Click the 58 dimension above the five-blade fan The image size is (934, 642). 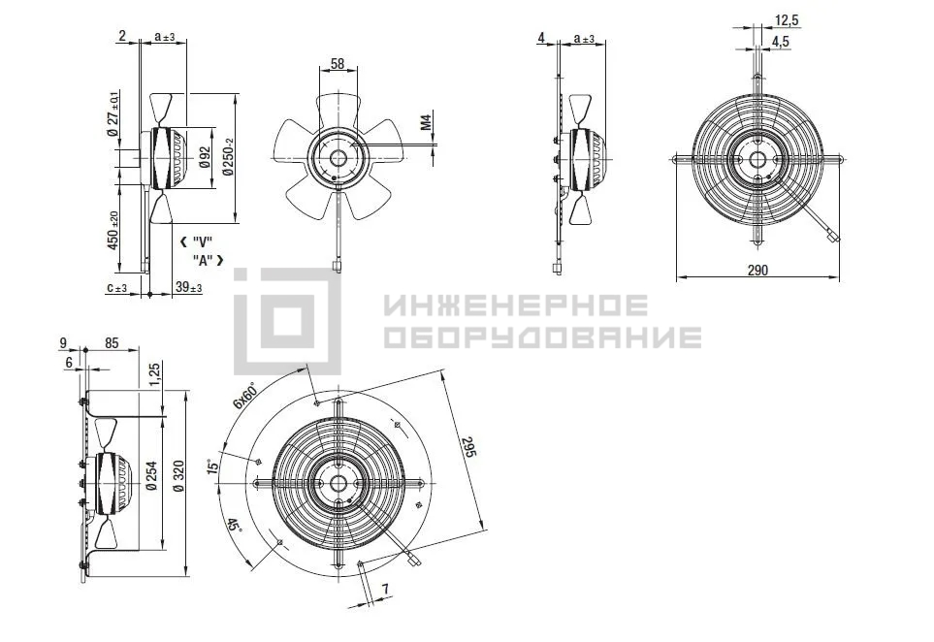338,63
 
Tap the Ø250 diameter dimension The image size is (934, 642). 228,157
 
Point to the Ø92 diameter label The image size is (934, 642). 205,157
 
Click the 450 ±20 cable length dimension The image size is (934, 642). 113,231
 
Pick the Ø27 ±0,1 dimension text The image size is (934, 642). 113,114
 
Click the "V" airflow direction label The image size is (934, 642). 197,241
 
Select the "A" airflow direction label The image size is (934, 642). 208,260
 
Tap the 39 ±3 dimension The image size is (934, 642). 189,288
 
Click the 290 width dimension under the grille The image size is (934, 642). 757,270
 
